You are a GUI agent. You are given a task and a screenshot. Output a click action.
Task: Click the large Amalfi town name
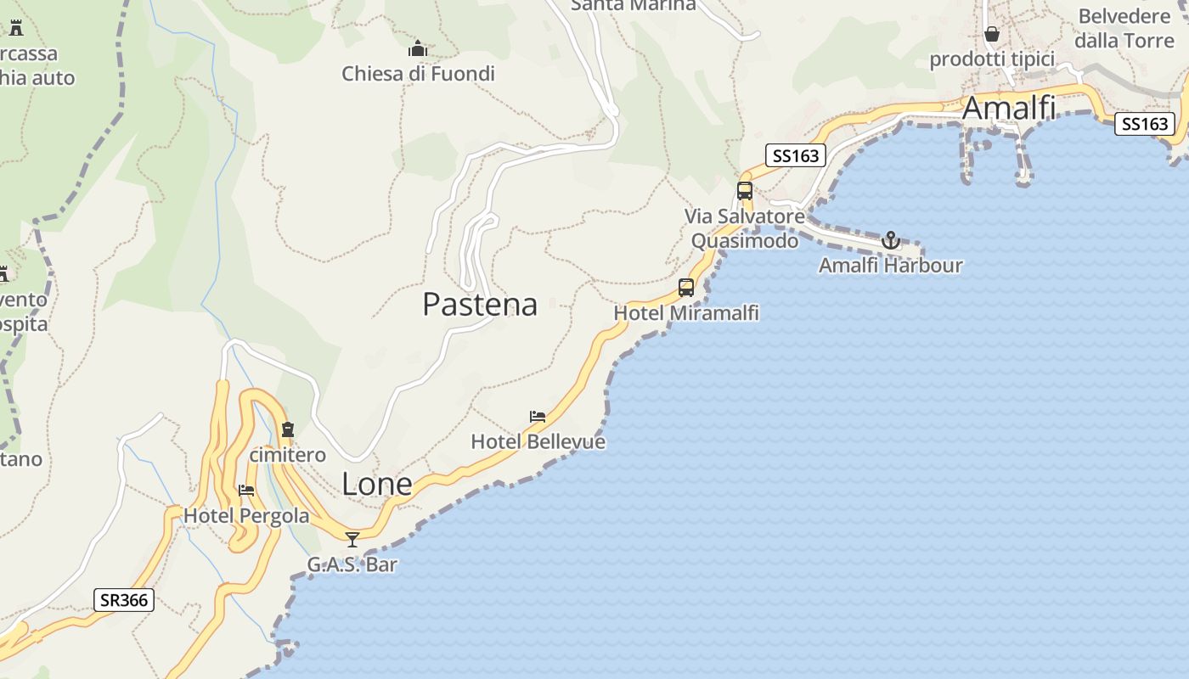tap(1009, 109)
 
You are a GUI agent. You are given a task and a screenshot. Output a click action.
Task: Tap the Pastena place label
tap(480, 304)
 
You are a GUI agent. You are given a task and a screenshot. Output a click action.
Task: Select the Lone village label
tap(376, 484)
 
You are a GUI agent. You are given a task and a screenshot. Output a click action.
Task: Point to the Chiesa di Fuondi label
tap(418, 74)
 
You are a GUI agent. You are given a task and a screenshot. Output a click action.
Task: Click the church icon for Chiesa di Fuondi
tap(418, 49)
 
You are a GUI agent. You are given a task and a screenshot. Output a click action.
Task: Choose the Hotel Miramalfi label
tap(686, 313)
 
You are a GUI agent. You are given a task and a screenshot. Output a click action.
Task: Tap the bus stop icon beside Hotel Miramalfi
tap(686, 288)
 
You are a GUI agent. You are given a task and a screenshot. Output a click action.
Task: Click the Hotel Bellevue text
tap(538, 442)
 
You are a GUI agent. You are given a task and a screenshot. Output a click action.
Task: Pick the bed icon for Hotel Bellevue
tap(538, 417)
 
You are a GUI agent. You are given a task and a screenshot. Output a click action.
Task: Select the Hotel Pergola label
tap(246, 516)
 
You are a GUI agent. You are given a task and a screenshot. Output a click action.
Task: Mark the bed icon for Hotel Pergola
tap(246, 491)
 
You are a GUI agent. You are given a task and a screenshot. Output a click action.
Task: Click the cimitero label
tap(287, 455)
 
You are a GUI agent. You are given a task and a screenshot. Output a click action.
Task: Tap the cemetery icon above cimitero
tap(287, 429)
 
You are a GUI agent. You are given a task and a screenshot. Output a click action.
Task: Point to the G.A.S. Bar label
tap(352, 564)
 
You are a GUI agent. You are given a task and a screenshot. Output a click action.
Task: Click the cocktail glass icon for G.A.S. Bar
tap(352, 539)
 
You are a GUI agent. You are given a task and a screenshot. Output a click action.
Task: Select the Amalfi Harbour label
tap(890, 266)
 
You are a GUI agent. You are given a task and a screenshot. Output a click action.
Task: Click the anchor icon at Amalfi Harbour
tap(890, 240)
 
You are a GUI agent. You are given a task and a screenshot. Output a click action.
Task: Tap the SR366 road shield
tap(124, 600)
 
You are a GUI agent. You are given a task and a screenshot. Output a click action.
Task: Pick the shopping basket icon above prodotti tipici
tap(992, 34)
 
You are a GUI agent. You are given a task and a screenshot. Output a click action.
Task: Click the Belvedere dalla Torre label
tap(1124, 28)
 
